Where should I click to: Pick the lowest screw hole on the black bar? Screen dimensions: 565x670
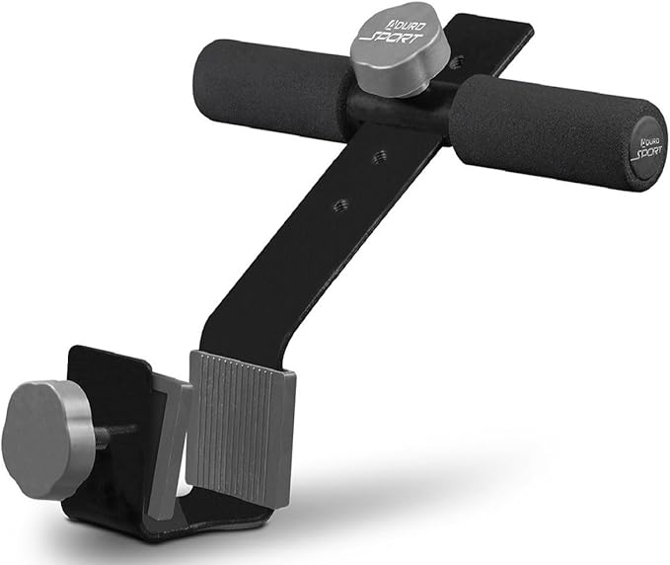(340, 204)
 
